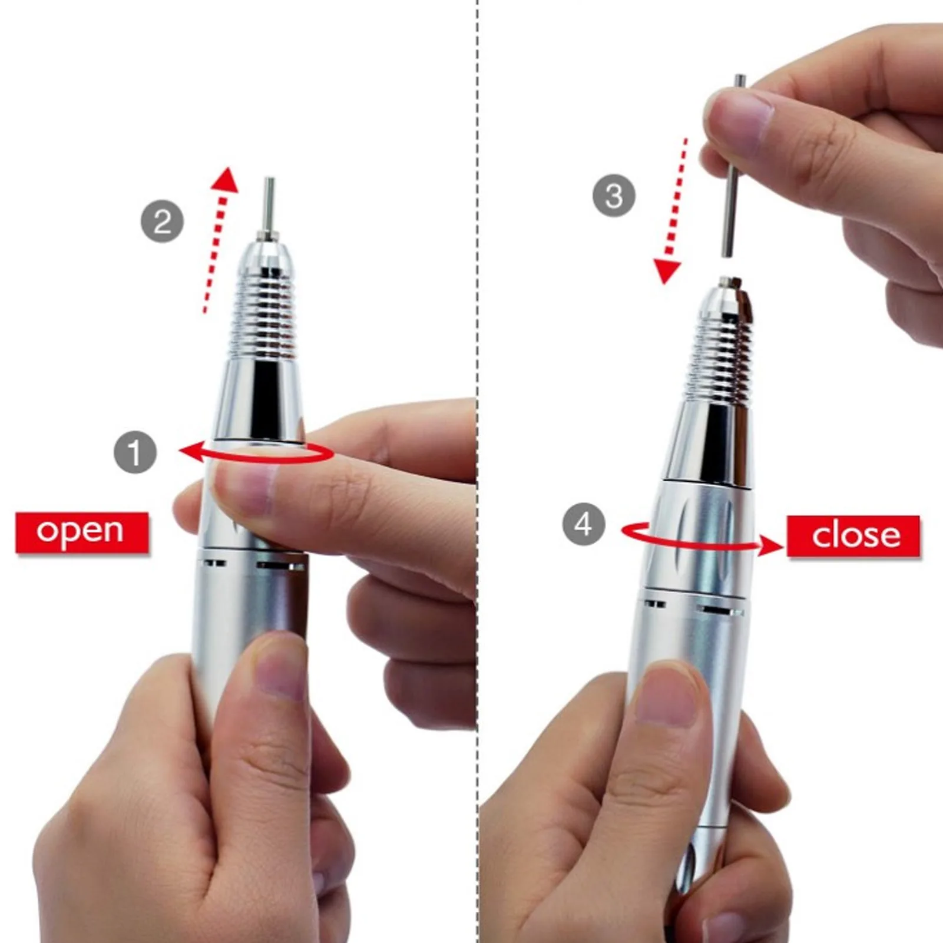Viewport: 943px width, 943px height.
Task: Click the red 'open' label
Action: pos(81,532)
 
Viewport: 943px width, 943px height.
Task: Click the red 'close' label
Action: pos(853,535)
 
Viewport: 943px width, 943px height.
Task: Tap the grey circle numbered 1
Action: pos(135,452)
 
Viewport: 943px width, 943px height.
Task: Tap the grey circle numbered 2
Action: pos(162,221)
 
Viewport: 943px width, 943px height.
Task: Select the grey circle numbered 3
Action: pos(614,196)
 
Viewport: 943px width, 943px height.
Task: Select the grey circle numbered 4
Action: pos(583,524)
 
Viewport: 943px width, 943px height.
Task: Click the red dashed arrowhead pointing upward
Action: pos(226,180)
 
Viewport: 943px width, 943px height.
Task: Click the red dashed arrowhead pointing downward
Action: pos(667,271)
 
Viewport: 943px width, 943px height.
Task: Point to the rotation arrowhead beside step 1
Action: pos(190,452)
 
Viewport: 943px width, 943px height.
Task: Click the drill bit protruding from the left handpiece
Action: pos(269,206)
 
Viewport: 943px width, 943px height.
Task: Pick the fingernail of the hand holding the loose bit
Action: pos(739,121)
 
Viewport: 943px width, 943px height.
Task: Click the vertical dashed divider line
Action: pos(477,236)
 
